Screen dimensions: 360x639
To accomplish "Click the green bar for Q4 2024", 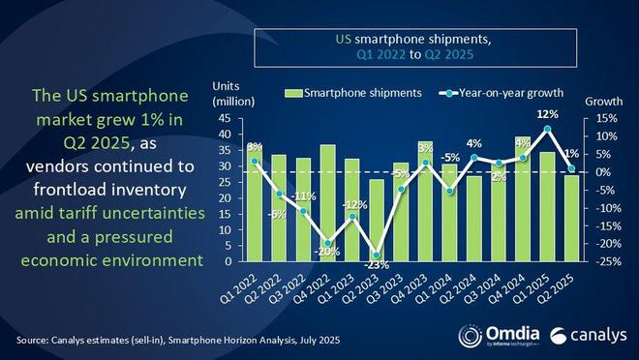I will tap(524, 198).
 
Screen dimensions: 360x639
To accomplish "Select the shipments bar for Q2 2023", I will tap(377, 221).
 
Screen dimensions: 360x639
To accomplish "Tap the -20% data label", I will tap(326, 253).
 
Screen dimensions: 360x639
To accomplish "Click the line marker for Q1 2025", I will tap(549, 130).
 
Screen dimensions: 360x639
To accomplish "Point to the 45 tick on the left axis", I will tap(224, 119).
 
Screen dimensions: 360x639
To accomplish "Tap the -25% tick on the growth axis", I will tap(599, 261).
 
